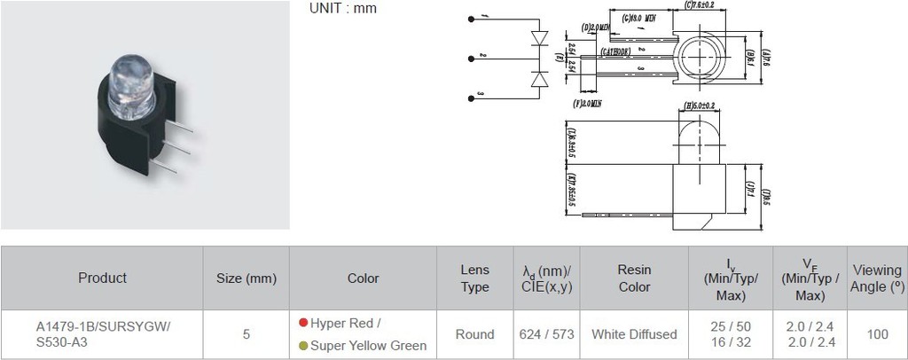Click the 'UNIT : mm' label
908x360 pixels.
point(343,9)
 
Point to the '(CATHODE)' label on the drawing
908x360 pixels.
point(616,52)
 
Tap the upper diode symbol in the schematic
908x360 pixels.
point(538,39)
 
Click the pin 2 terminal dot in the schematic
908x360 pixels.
point(469,58)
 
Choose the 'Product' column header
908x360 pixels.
point(102,278)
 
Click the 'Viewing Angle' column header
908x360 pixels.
point(877,278)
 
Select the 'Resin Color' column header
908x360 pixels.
point(634,278)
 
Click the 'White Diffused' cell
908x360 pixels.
point(634,334)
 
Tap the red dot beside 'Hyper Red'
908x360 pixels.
point(303,324)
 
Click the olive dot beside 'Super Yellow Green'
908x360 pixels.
point(303,345)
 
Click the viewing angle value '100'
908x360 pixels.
point(877,334)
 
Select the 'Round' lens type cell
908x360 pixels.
point(474,334)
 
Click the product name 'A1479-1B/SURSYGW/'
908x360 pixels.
point(102,325)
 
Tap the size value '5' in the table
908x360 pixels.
point(246,334)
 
